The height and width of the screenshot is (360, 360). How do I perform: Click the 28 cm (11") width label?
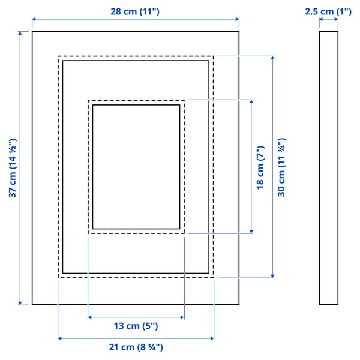click(x=135, y=12)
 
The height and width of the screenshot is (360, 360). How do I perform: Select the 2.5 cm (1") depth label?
click(x=328, y=11)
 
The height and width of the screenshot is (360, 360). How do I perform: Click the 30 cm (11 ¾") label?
click(x=281, y=167)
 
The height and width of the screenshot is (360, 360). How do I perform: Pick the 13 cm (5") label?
click(x=136, y=326)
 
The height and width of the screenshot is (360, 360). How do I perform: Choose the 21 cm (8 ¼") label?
click(x=136, y=347)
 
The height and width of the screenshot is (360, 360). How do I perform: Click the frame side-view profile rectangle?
click(x=328, y=168)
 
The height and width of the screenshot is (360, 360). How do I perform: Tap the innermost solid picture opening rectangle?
click(x=136, y=166)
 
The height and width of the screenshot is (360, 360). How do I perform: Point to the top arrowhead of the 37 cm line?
click(x=21, y=34)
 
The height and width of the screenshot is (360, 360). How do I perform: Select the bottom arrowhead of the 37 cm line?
click(x=21, y=302)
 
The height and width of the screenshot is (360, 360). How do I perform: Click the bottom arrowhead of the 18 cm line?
click(x=251, y=231)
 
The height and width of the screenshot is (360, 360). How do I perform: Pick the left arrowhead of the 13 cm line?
click(x=90, y=317)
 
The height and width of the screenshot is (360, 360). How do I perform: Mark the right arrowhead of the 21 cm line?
click(x=211, y=338)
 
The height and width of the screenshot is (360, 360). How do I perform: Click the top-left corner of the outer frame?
click(x=32, y=31)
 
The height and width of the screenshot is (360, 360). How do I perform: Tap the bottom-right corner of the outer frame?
click(x=239, y=304)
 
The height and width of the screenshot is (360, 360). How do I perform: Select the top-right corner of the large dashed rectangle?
click(x=213, y=56)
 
